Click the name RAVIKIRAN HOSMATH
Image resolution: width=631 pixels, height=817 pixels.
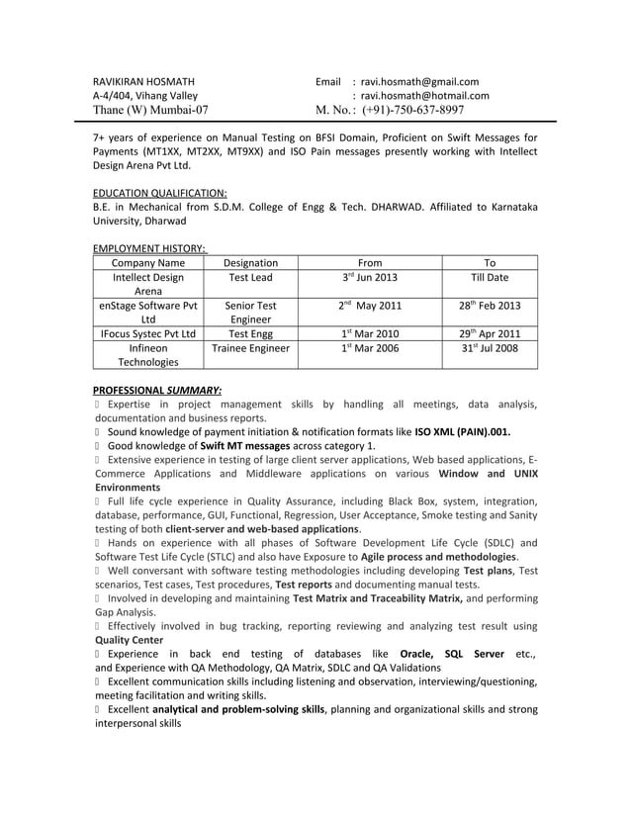143,81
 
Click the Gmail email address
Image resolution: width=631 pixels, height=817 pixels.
419,81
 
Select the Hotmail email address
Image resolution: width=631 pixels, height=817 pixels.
425,96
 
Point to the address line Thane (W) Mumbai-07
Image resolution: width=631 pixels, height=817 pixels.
150,111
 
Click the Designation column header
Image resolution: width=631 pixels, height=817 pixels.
250,263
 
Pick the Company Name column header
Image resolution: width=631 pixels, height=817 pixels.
148,263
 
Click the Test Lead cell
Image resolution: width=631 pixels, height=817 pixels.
250,278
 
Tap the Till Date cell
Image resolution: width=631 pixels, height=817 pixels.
489,278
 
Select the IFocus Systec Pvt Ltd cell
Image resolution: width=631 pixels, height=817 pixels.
148,334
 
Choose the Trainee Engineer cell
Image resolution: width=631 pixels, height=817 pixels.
250,349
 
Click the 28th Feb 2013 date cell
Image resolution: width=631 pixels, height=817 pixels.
489,307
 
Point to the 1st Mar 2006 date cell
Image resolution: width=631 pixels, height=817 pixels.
370,349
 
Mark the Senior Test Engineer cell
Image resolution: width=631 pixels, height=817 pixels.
250,313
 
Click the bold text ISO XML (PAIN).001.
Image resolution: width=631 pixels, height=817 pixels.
463,432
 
